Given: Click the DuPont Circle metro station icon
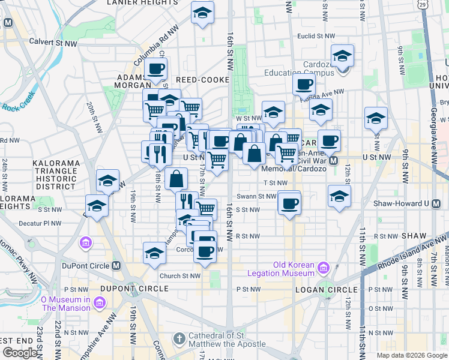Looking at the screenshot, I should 116,265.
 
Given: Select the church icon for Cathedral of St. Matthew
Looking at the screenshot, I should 178,340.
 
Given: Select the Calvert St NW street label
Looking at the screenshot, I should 53,42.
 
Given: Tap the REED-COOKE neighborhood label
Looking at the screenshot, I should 202,79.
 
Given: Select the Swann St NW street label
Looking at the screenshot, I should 256,196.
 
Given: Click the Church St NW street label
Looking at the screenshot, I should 179,276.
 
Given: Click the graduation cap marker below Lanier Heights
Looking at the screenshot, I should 202,12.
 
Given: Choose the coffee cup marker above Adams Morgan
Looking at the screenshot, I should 155,68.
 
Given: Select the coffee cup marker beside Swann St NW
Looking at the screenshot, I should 290,203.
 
